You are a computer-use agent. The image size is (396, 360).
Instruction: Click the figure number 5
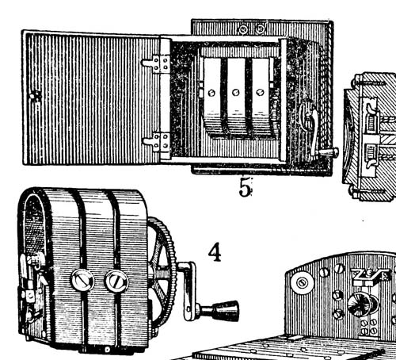[x=245, y=187]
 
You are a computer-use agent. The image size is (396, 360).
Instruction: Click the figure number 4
[x=215, y=252]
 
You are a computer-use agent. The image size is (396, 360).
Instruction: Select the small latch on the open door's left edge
[x=35, y=96]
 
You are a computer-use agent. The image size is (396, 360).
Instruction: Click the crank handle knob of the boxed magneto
[x=330, y=152]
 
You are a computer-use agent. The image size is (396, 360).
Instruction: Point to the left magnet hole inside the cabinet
[x=211, y=93]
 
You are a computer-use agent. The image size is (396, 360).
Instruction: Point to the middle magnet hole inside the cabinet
[x=235, y=93]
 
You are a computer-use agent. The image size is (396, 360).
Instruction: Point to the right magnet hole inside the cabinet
[x=260, y=92]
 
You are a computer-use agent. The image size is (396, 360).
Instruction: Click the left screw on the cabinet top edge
[x=244, y=29]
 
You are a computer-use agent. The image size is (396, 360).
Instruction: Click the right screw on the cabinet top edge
[x=261, y=29]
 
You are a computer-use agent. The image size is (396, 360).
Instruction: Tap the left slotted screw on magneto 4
[x=82, y=280]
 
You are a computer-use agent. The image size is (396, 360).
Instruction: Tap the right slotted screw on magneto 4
[x=116, y=281]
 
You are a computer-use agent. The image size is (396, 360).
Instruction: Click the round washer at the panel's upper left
[x=302, y=283]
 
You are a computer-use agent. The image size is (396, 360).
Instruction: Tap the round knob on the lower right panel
[x=360, y=304]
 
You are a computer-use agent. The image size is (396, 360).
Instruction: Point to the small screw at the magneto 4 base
[x=107, y=350]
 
